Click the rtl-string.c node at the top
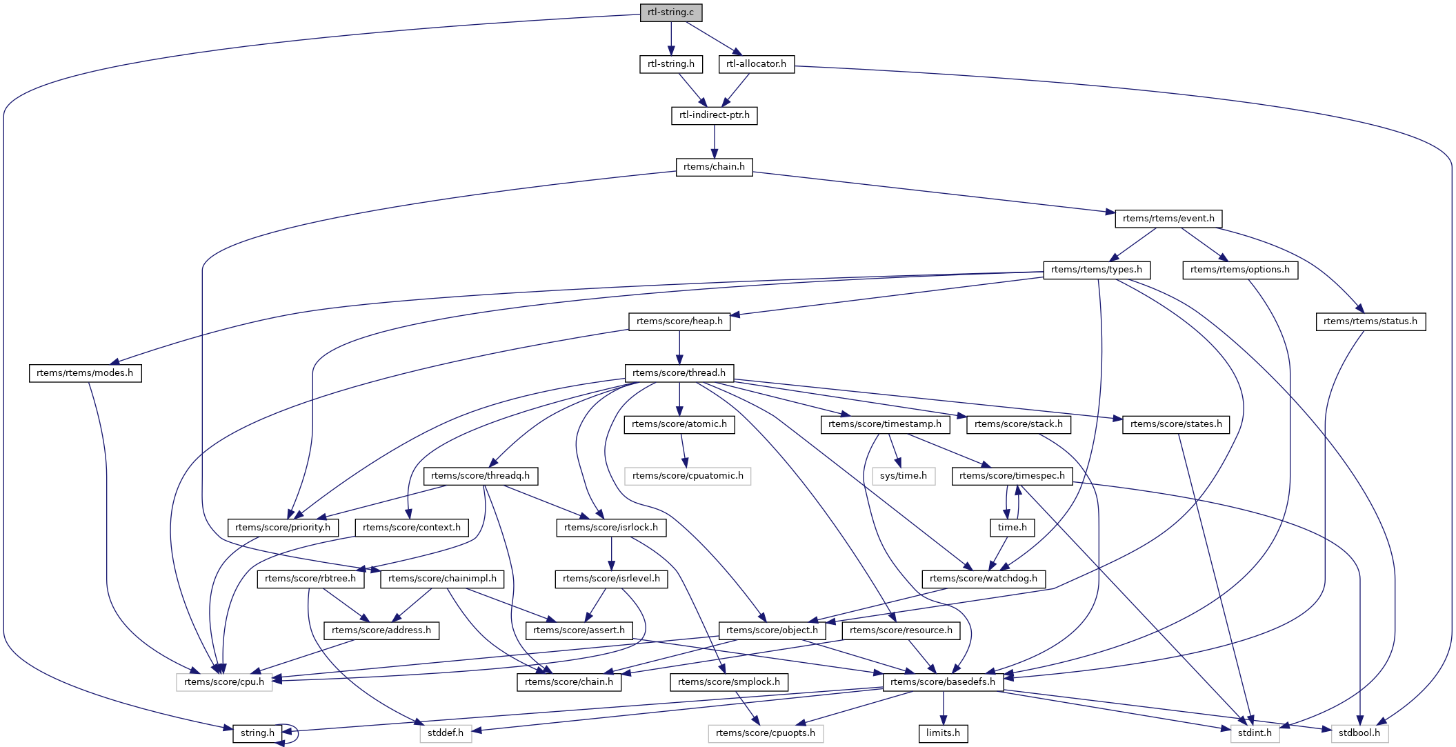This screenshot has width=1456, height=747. tap(670, 12)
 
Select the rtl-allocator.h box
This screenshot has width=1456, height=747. tap(756, 64)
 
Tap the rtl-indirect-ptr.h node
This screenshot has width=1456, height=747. tap(714, 115)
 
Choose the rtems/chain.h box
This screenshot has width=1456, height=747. tap(714, 167)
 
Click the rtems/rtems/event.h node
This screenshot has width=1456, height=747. tap(1168, 219)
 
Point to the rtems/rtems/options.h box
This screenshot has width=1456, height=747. tap(1239, 270)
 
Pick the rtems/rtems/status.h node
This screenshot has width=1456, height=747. tap(1370, 321)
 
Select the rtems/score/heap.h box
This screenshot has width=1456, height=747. tap(679, 321)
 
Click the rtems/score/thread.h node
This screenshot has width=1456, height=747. tap(679, 373)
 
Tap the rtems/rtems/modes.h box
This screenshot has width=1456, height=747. tap(85, 373)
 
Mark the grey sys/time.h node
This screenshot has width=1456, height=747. tap(903, 476)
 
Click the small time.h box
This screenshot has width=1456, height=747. tap(1012, 528)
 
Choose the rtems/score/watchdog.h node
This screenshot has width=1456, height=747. tap(983, 579)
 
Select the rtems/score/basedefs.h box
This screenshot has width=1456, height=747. tap(943, 682)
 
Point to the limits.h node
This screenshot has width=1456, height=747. tap(943, 733)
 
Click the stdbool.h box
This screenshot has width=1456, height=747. tap(1359, 733)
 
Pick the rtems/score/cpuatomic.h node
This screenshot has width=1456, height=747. tap(688, 476)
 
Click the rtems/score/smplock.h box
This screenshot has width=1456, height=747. tap(728, 682)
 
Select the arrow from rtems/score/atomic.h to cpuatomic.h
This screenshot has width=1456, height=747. tap(683, 450)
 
